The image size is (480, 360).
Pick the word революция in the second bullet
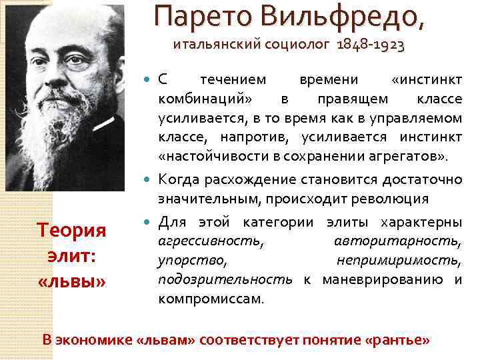tap(393, 199)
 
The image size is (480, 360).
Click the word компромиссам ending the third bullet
tap(210, 299)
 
